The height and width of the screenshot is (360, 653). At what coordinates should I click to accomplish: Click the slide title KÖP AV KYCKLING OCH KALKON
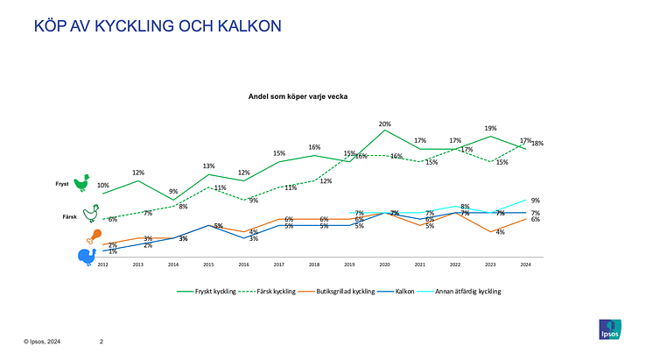(x=158, y=25)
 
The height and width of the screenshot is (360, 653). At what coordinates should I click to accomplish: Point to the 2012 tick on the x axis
(x=102, y=264)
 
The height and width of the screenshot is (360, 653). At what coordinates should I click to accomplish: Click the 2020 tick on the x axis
(x=384, y=264)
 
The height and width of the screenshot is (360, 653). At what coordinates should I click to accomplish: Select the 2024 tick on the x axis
(x=525, y=264)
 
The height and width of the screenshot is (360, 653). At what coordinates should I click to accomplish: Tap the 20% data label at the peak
(x=384, y=124)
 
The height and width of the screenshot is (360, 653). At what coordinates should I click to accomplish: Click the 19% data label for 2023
(x=491, y=129)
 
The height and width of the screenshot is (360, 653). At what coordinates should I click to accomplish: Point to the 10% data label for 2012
(x=103, y=186)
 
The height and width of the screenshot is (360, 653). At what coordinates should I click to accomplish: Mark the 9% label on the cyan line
(x=535, y=201)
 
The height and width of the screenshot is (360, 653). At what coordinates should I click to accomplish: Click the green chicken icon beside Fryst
(x=81, y=182)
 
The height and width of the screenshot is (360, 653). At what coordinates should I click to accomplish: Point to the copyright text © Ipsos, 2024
(x=43, y=341)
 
